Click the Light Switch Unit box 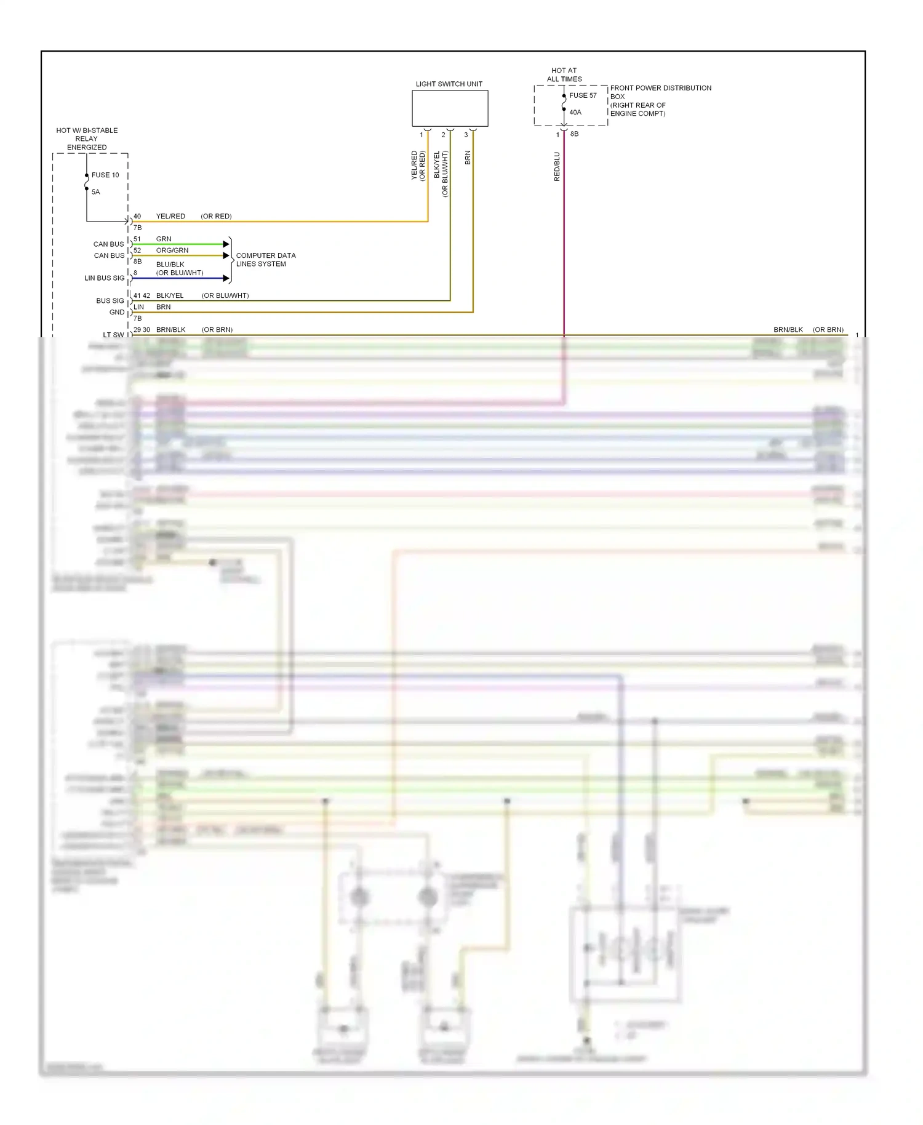(450, 109)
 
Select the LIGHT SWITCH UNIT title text (449, 84)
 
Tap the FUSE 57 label (583, 95)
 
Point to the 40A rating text (575, 113)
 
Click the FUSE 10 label (105, 175)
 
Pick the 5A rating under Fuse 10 (96, 192)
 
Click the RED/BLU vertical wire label (557, 166)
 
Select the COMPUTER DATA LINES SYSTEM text (266, 260)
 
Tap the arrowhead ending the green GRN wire (226, 244)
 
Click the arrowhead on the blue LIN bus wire (226, 278)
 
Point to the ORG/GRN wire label (172, 250)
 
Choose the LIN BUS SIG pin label (105, 278)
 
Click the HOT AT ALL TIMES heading (564, 75)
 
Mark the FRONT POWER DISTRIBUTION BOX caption (660, 100)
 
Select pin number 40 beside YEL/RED (137, 217)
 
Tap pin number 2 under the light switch (443, 135)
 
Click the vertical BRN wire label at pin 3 (468, 158)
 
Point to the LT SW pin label (113, 335)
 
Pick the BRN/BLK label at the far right (788, 330)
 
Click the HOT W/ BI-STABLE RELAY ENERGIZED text (87, 139)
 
